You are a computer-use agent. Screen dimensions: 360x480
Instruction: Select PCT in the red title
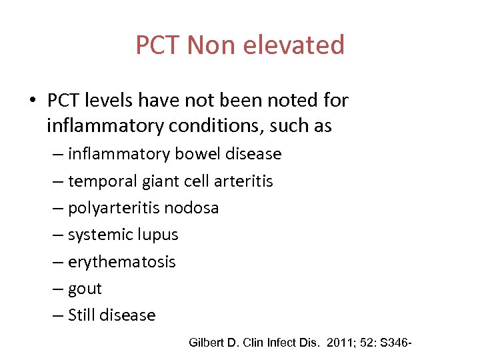pos(157,45)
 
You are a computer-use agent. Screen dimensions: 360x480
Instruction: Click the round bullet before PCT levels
pos(32,101)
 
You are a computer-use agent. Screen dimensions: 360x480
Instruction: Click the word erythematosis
pos(122,262)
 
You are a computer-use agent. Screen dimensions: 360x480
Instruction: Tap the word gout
pos(85,289)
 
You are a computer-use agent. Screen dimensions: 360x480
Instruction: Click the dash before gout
pos(58,289)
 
